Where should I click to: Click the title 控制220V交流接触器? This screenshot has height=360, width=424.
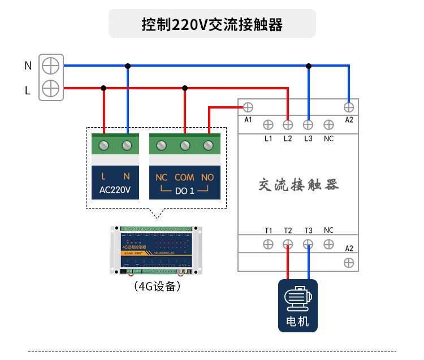[212, 25]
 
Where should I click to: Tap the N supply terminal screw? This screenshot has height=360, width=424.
[51, 66]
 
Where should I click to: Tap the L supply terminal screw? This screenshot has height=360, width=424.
[51, 88]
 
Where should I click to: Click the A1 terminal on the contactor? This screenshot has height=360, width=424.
[248, 107]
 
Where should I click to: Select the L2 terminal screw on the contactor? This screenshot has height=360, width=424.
[288, 124]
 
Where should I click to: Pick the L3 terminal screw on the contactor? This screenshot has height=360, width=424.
[309, 124]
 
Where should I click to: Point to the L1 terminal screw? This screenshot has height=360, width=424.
[268, 124]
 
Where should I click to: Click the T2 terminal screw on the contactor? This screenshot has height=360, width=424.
[288, 244]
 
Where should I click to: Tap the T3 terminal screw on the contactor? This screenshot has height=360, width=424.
[309, 244]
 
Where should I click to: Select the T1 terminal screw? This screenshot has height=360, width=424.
[268, 244]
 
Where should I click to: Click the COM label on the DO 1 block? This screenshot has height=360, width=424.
[184, 177]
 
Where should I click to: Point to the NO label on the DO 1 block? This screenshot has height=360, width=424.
[207, 177]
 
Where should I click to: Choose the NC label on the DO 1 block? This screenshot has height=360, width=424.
[161, 177]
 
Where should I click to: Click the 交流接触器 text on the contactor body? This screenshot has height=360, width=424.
[298, 185]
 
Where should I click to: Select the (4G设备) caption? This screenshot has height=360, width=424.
[157, 287]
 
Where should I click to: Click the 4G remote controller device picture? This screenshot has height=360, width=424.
[157, 250]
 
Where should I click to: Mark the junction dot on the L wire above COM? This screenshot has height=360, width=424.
[185, 88]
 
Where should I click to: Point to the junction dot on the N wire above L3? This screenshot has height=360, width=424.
[309, 66]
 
